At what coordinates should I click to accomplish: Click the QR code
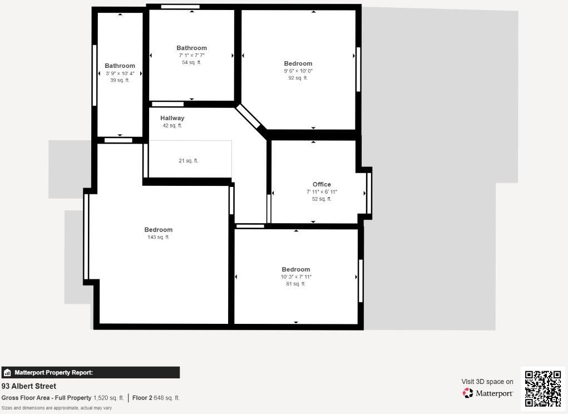pos(542,388)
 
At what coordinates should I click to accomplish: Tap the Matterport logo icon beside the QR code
pos(468,393)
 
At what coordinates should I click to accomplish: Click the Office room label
pos(322,184)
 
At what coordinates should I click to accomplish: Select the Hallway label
pos(172,118)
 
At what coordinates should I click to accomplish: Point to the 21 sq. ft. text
pos(189,161)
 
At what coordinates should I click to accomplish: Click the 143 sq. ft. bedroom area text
pos(159,237)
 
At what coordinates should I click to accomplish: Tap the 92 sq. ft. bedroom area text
pos(298,78)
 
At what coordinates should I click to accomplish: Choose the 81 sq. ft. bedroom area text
pos(296,284)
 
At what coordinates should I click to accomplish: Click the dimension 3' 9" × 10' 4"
pos(120,73)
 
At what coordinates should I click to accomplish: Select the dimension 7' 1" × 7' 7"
pos(192,55)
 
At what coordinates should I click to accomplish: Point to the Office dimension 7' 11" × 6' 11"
pos(322,191)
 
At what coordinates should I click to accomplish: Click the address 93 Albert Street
pos(29,386)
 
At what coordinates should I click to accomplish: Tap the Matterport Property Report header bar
pos(90,372)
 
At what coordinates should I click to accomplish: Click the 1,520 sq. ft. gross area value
pos(108,398)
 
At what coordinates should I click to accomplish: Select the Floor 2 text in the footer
pos(142,398)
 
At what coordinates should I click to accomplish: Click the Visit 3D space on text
pos(487,382)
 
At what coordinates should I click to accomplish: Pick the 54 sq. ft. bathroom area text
pos(192,62)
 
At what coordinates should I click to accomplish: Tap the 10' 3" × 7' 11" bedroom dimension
pos(296,277)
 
